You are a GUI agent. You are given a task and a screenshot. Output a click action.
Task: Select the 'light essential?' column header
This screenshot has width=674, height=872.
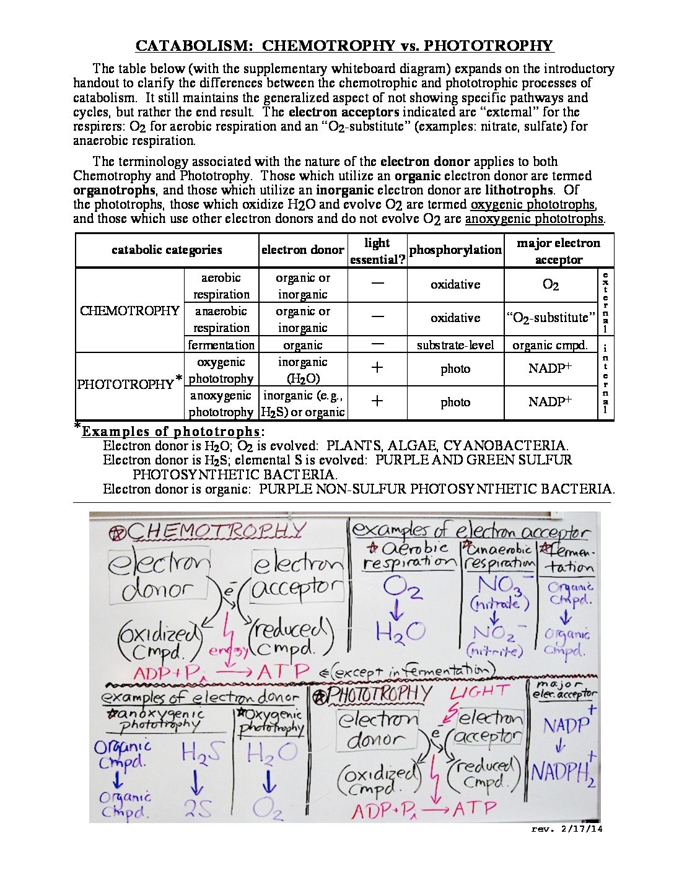(x=377, y=251)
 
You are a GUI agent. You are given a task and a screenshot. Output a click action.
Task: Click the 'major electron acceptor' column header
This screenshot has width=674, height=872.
(x=558, y=251)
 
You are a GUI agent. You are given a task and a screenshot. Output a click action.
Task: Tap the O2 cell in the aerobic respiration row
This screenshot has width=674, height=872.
(x=550, y=285)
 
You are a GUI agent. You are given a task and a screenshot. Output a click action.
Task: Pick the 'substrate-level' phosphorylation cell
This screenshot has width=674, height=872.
(x=455, y=345)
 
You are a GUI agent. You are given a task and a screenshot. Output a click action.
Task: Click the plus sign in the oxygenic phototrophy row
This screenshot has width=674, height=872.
(x=377, y=368)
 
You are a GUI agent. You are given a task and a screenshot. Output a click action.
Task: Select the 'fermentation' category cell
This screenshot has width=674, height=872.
(x=221, y=345)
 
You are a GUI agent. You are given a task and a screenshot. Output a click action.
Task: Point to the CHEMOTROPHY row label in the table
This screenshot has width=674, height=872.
(x=129, y=311)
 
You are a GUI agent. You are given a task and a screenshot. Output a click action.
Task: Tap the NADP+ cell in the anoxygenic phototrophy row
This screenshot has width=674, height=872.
(x=550, y=402)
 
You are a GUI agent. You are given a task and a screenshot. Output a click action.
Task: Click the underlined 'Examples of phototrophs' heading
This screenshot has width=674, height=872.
(x=171, y=432)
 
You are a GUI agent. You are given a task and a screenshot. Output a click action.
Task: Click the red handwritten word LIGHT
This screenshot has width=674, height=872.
(x=479, y=692)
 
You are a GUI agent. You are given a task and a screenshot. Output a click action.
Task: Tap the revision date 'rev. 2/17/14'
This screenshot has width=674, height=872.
(x=566, y=829)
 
